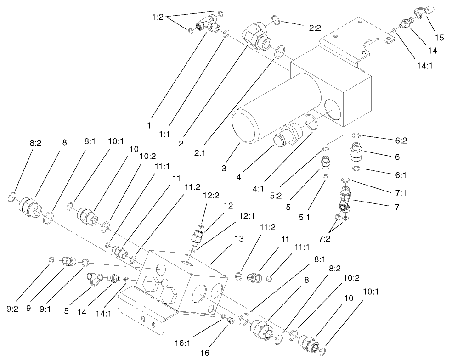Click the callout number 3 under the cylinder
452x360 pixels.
tap(224, 169)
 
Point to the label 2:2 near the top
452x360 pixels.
tap(315, 28)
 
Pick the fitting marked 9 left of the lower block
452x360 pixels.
tap(68, 261)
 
